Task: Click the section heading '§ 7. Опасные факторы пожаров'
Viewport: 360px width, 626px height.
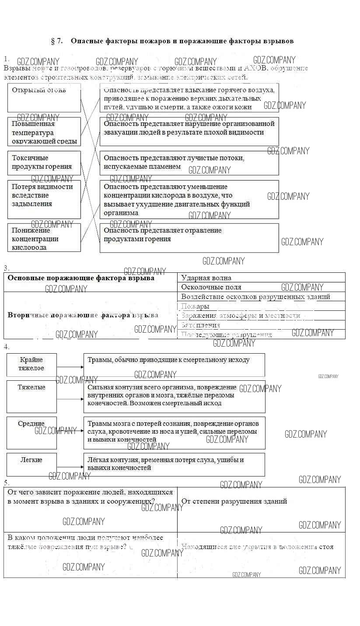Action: pos(172,41)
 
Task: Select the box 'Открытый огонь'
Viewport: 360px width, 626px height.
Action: pos(44,98)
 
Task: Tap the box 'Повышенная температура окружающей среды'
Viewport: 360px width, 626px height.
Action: pos(44,132)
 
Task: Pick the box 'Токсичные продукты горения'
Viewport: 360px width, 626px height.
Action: pos(44,163)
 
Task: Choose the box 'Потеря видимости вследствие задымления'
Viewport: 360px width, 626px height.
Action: pos(44,199)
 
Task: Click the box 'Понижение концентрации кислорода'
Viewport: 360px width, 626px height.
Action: pos(44,237)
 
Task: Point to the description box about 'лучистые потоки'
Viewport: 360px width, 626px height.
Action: pos(189,163)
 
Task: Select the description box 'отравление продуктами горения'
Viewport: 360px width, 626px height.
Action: pos(189,237)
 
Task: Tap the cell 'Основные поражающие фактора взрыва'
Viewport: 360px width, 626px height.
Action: pos(90,282)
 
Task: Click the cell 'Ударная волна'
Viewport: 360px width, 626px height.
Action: pos(261,278)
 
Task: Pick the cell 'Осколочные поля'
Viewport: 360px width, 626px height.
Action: pos(261,287)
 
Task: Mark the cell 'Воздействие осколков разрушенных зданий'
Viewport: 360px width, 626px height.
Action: pos(261,297)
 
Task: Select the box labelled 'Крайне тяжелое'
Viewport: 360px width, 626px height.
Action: pos(31,365)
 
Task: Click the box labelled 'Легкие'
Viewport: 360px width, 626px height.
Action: pos(31,464)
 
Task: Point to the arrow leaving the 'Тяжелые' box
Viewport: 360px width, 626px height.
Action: pos(70,399)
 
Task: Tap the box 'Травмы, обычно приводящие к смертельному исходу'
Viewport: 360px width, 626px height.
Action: pos(174,365)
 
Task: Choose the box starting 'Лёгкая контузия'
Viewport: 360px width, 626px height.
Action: pos(174,464)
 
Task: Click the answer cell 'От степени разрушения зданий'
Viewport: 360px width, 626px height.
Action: pos(261,509)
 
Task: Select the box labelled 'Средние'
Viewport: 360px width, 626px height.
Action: pos(31,433)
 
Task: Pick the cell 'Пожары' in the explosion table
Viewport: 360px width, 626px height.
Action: pos(261,306)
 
